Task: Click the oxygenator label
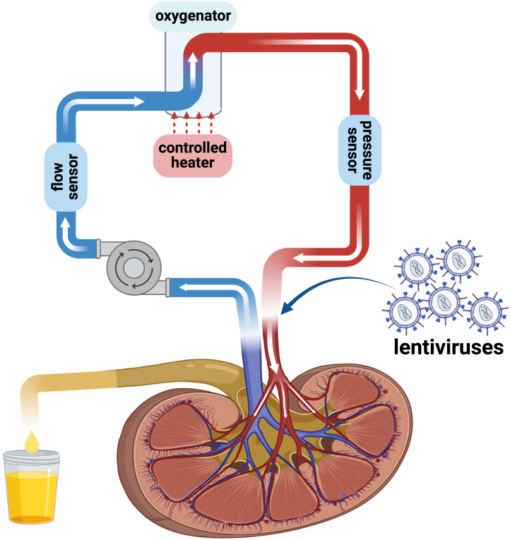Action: [193, 15]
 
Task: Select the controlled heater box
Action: [193, 155]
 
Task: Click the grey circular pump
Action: [134, 265]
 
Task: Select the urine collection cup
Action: [32, 488]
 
